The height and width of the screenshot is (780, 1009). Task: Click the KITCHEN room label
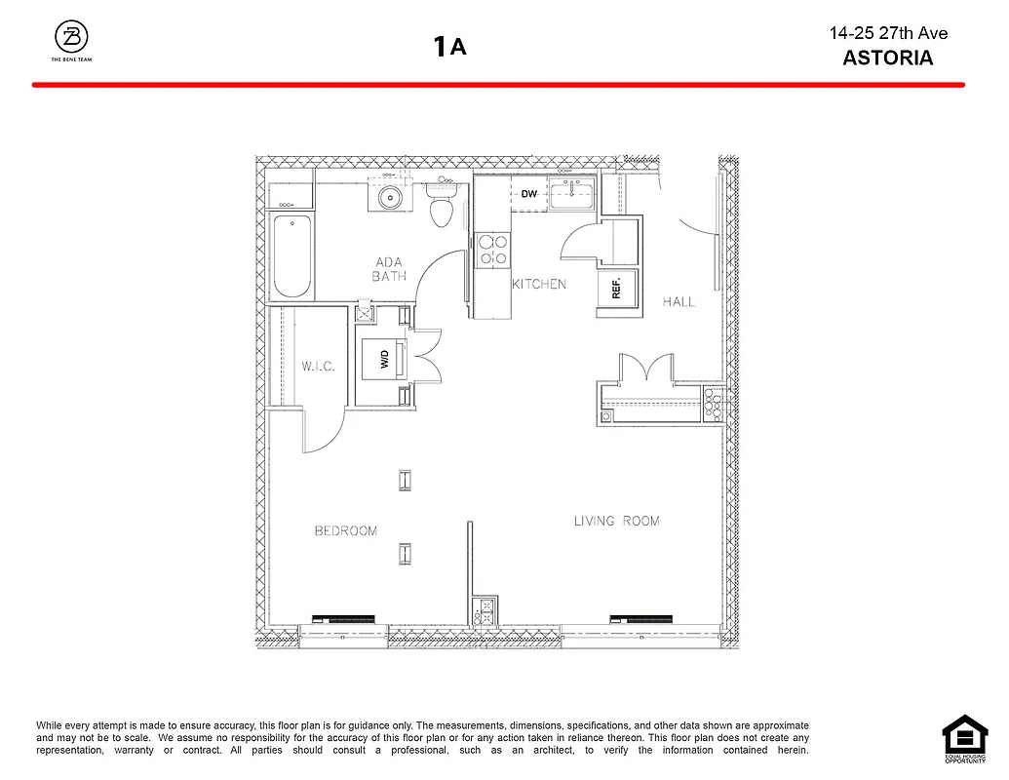(x=539, y=284)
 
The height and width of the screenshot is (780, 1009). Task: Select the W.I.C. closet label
(x=318, y=367)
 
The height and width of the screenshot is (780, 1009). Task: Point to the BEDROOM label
(x=345, y=530)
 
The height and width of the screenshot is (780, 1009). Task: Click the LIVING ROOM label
(x=616, y=521)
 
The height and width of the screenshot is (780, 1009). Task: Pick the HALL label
(x=679, y=301)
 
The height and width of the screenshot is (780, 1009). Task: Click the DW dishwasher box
(x=529, y=194)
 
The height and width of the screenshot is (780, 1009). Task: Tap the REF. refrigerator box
(x=617, y=288)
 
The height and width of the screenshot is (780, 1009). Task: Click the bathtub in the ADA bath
(x=291, y=256)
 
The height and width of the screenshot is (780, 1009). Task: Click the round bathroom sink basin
(x=391, y=197)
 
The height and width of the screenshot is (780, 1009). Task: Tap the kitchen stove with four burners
(x=492, y=250)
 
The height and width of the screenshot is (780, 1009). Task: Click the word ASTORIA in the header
(x=887, y=58)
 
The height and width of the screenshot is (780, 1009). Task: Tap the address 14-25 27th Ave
(x=887, y=33)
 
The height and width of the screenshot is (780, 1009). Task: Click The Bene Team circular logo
(x=72, y=38)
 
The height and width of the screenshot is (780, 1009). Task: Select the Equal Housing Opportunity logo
(x=964, y=737)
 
